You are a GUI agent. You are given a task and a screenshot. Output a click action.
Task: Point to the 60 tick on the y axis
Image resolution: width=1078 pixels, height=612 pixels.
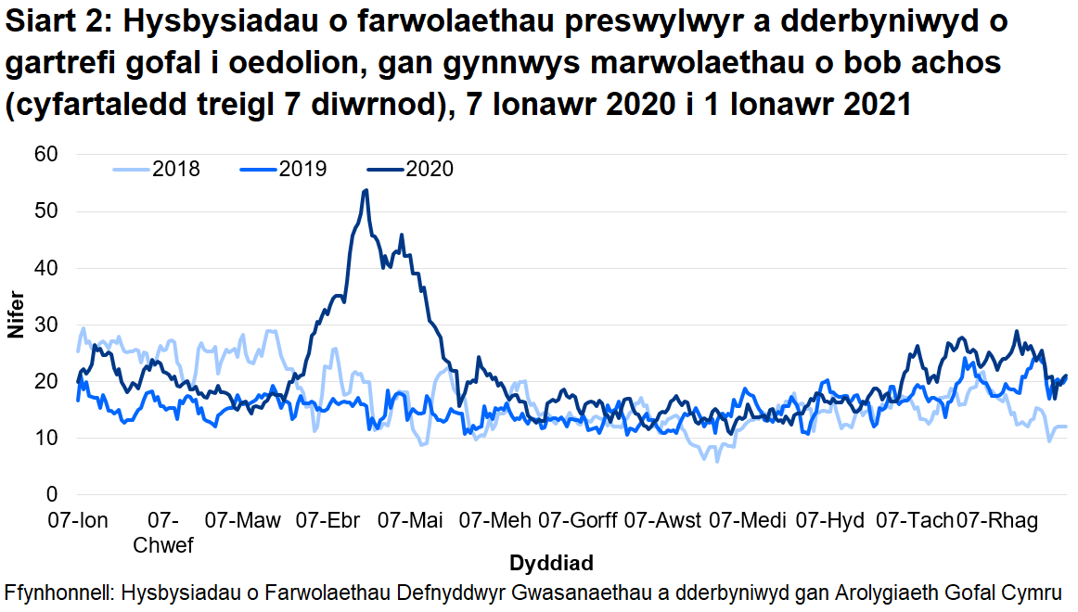coord(46,154)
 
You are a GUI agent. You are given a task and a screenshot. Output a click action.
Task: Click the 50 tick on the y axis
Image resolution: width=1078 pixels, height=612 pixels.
coord(46,211)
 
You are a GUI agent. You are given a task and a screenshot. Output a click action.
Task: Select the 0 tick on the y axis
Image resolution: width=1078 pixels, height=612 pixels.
coord(52,494)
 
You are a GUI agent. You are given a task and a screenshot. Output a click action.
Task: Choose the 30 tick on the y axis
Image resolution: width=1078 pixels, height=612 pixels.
coord(46,325)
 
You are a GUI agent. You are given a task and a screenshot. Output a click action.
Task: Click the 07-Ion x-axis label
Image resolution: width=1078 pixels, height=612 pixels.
coord(78,520)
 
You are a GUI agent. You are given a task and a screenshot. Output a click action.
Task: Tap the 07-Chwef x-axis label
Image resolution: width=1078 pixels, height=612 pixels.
coord(163,532)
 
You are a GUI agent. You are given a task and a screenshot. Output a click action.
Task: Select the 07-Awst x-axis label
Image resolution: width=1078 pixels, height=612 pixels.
coord(662,520)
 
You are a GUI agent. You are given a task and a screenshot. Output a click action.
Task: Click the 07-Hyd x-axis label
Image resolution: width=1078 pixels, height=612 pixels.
coord(830,520)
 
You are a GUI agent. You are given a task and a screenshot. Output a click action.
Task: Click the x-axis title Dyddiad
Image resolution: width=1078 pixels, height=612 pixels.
coord(551,563)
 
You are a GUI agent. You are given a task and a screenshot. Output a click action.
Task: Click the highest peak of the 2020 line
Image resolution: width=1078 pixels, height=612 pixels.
coord(366,190)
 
